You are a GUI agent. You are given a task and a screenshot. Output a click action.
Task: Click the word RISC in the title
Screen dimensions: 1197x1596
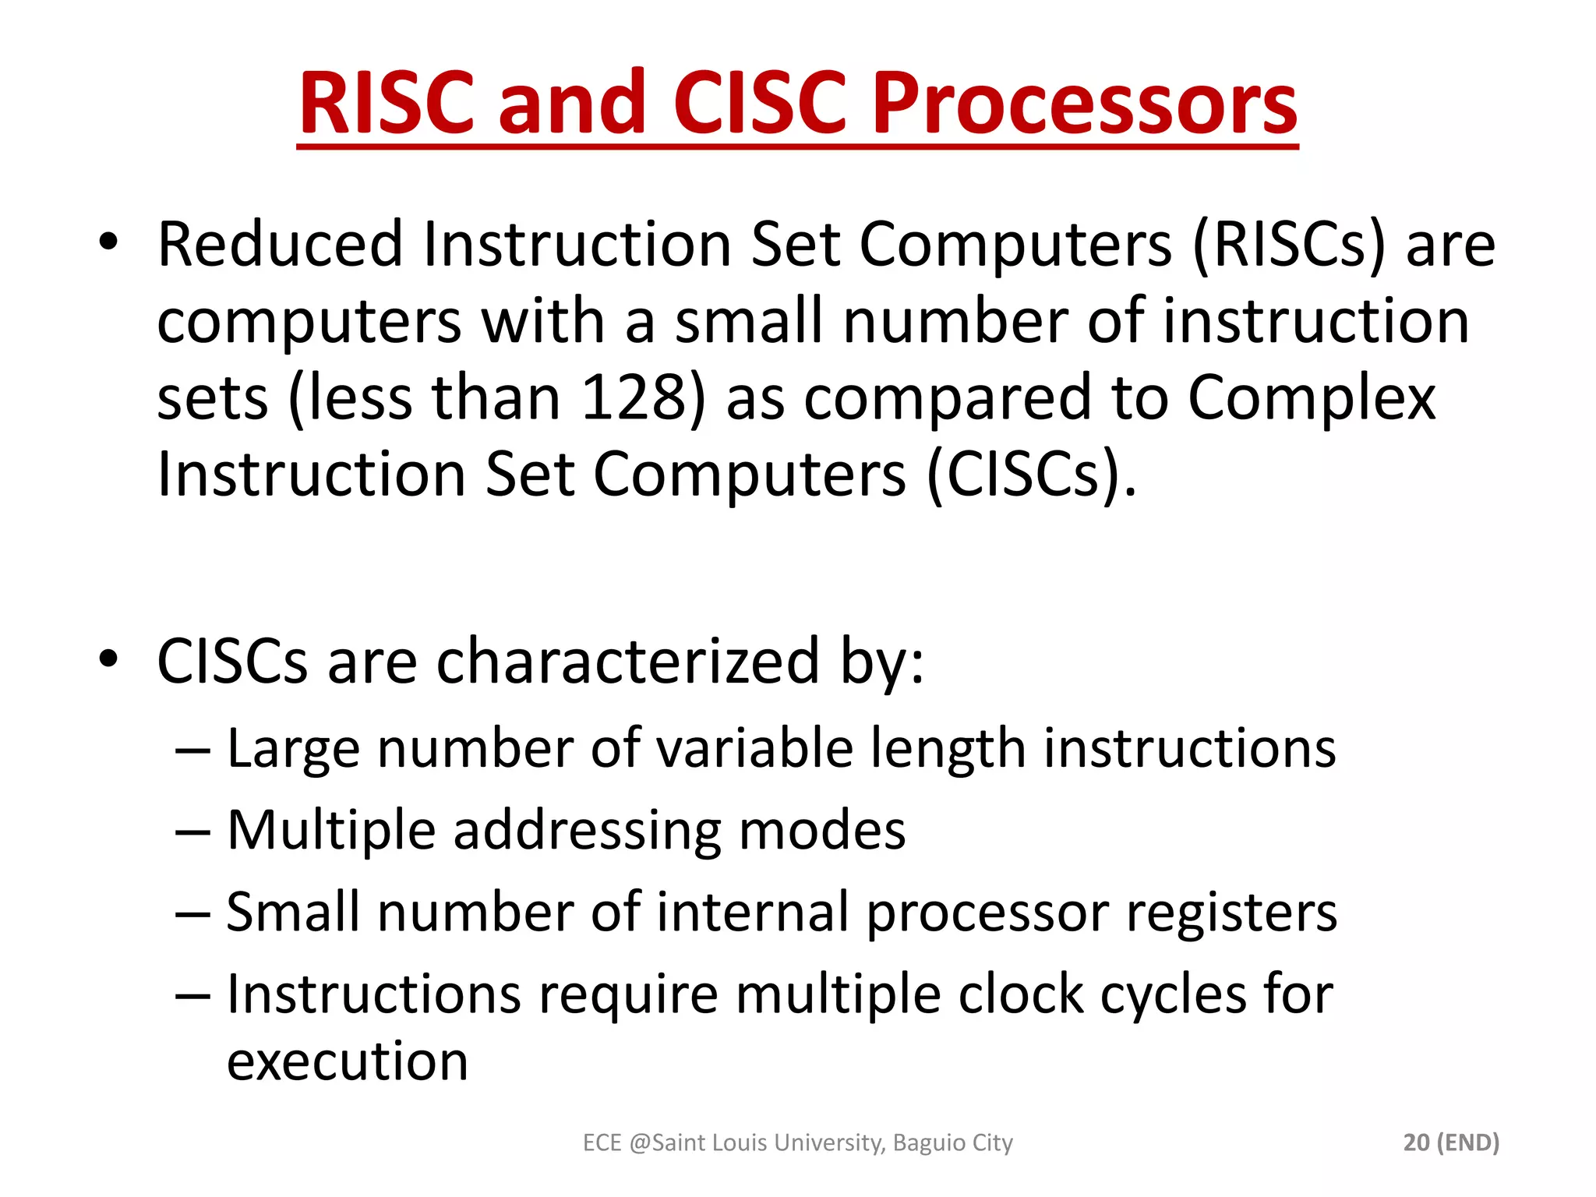(387, 104)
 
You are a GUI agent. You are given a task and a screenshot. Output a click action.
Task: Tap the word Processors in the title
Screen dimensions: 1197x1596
(1084, 104)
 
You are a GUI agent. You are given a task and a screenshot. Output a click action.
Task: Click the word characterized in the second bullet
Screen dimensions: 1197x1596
(628, 662)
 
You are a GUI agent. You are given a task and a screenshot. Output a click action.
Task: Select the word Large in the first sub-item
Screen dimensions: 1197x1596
(293, 748)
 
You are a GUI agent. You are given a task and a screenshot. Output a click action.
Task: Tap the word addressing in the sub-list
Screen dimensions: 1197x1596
(588, 831)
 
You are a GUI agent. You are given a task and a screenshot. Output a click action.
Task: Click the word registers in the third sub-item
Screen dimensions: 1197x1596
(1231, 913)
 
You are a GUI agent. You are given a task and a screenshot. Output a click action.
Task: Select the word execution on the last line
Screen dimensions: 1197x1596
(348, 1061)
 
